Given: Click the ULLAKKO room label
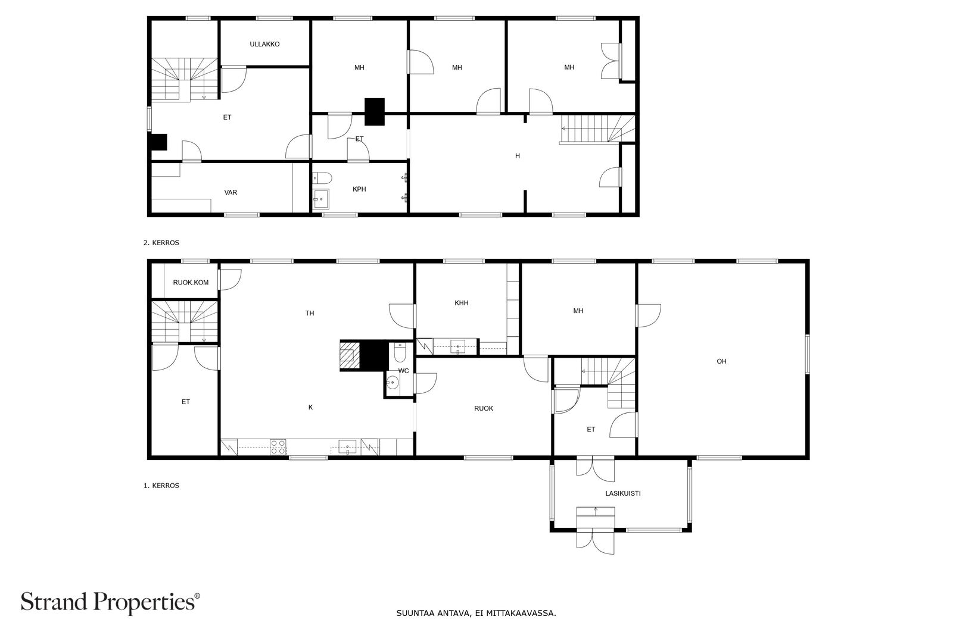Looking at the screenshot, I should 264,44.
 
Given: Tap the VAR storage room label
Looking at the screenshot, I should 231,192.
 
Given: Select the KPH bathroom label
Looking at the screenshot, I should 359,189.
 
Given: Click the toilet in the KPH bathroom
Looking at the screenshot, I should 322,177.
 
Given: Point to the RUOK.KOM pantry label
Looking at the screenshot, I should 191,282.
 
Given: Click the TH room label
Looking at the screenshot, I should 310,313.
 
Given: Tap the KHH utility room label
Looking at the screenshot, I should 461,303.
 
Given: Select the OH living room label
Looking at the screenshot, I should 721,361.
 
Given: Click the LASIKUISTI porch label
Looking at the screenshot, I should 622,493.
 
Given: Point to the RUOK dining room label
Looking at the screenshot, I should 484,408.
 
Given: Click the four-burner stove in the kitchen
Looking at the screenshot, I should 278,447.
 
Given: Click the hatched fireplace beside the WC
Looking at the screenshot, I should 350,356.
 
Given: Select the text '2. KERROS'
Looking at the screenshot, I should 161,243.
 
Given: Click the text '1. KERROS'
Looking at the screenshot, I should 161,486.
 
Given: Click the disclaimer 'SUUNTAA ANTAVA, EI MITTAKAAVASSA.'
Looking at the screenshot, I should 476,612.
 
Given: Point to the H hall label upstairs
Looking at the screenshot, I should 518,156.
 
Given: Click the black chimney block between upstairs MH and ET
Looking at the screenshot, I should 375,111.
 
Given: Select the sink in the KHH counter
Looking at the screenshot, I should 457,346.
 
